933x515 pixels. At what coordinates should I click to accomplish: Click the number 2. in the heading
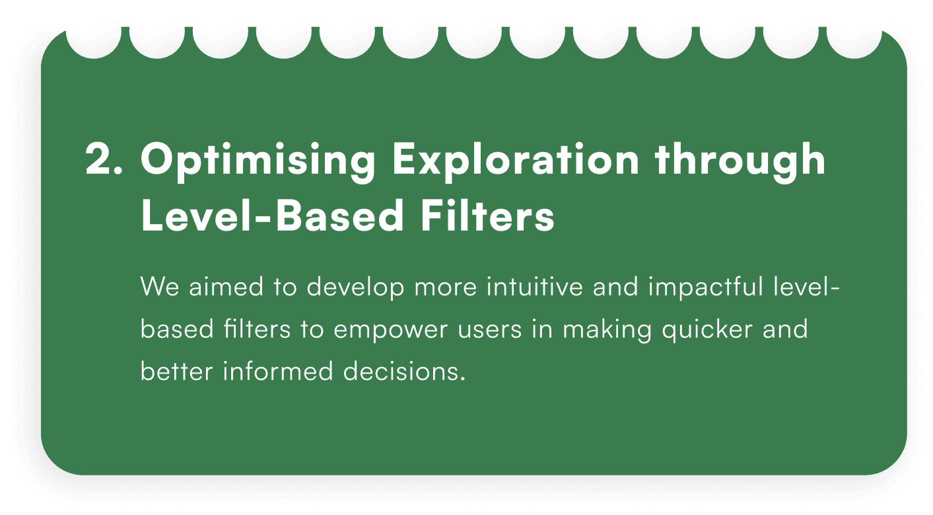coord(104,159)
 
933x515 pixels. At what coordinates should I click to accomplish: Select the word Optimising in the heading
coord(258,162)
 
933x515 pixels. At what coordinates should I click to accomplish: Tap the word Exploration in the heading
coord(516,162)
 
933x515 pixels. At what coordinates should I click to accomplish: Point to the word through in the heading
coord(740,162)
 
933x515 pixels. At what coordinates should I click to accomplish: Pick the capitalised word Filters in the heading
coord(487,216)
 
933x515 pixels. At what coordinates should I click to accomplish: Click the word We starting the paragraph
coord(160,286)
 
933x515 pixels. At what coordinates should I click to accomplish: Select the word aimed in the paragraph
coord(226,286)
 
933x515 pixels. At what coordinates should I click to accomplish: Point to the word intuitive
coord(534,286)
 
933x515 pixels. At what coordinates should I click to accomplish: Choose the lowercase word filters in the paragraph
coord(257,329)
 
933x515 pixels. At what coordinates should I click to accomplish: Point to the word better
coord(176,371)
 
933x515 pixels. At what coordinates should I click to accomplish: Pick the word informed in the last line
coord(278,371)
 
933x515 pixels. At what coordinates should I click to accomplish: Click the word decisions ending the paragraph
coord(404,371)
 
